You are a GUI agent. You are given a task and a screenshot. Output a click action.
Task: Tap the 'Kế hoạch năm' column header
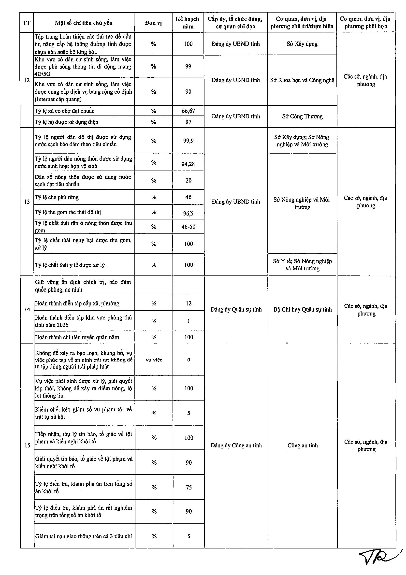(188, 23)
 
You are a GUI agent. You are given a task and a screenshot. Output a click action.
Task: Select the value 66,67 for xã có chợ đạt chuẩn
(188, 111)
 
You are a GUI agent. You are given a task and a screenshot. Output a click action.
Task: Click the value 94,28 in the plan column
(188, 164)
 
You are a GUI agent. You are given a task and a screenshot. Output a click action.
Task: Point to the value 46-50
(188, 227)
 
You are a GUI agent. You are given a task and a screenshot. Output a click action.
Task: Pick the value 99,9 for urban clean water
(188, 141)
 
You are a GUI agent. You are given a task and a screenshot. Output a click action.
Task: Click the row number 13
(27, 202)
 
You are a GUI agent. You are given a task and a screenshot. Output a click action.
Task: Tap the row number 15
(27, 445)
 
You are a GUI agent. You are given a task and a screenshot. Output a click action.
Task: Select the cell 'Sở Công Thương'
(302, 116)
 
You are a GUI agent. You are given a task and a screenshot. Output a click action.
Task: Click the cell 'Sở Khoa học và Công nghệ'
(302, 80)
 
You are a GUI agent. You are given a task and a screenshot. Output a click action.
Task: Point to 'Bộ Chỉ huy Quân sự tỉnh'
(303, 310)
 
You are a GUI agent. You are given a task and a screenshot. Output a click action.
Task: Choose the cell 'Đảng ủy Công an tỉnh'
(236, 445)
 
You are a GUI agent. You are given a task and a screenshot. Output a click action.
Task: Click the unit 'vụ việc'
(154, 360)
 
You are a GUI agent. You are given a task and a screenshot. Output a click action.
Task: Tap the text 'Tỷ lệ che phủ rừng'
(57, 197)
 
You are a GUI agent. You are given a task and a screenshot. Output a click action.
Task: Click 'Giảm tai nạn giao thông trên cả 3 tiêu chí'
(83, 536)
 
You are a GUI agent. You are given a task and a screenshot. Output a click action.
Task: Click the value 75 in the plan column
(189, 487)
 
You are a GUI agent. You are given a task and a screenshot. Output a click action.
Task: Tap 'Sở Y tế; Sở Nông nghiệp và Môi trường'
(302, 265)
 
